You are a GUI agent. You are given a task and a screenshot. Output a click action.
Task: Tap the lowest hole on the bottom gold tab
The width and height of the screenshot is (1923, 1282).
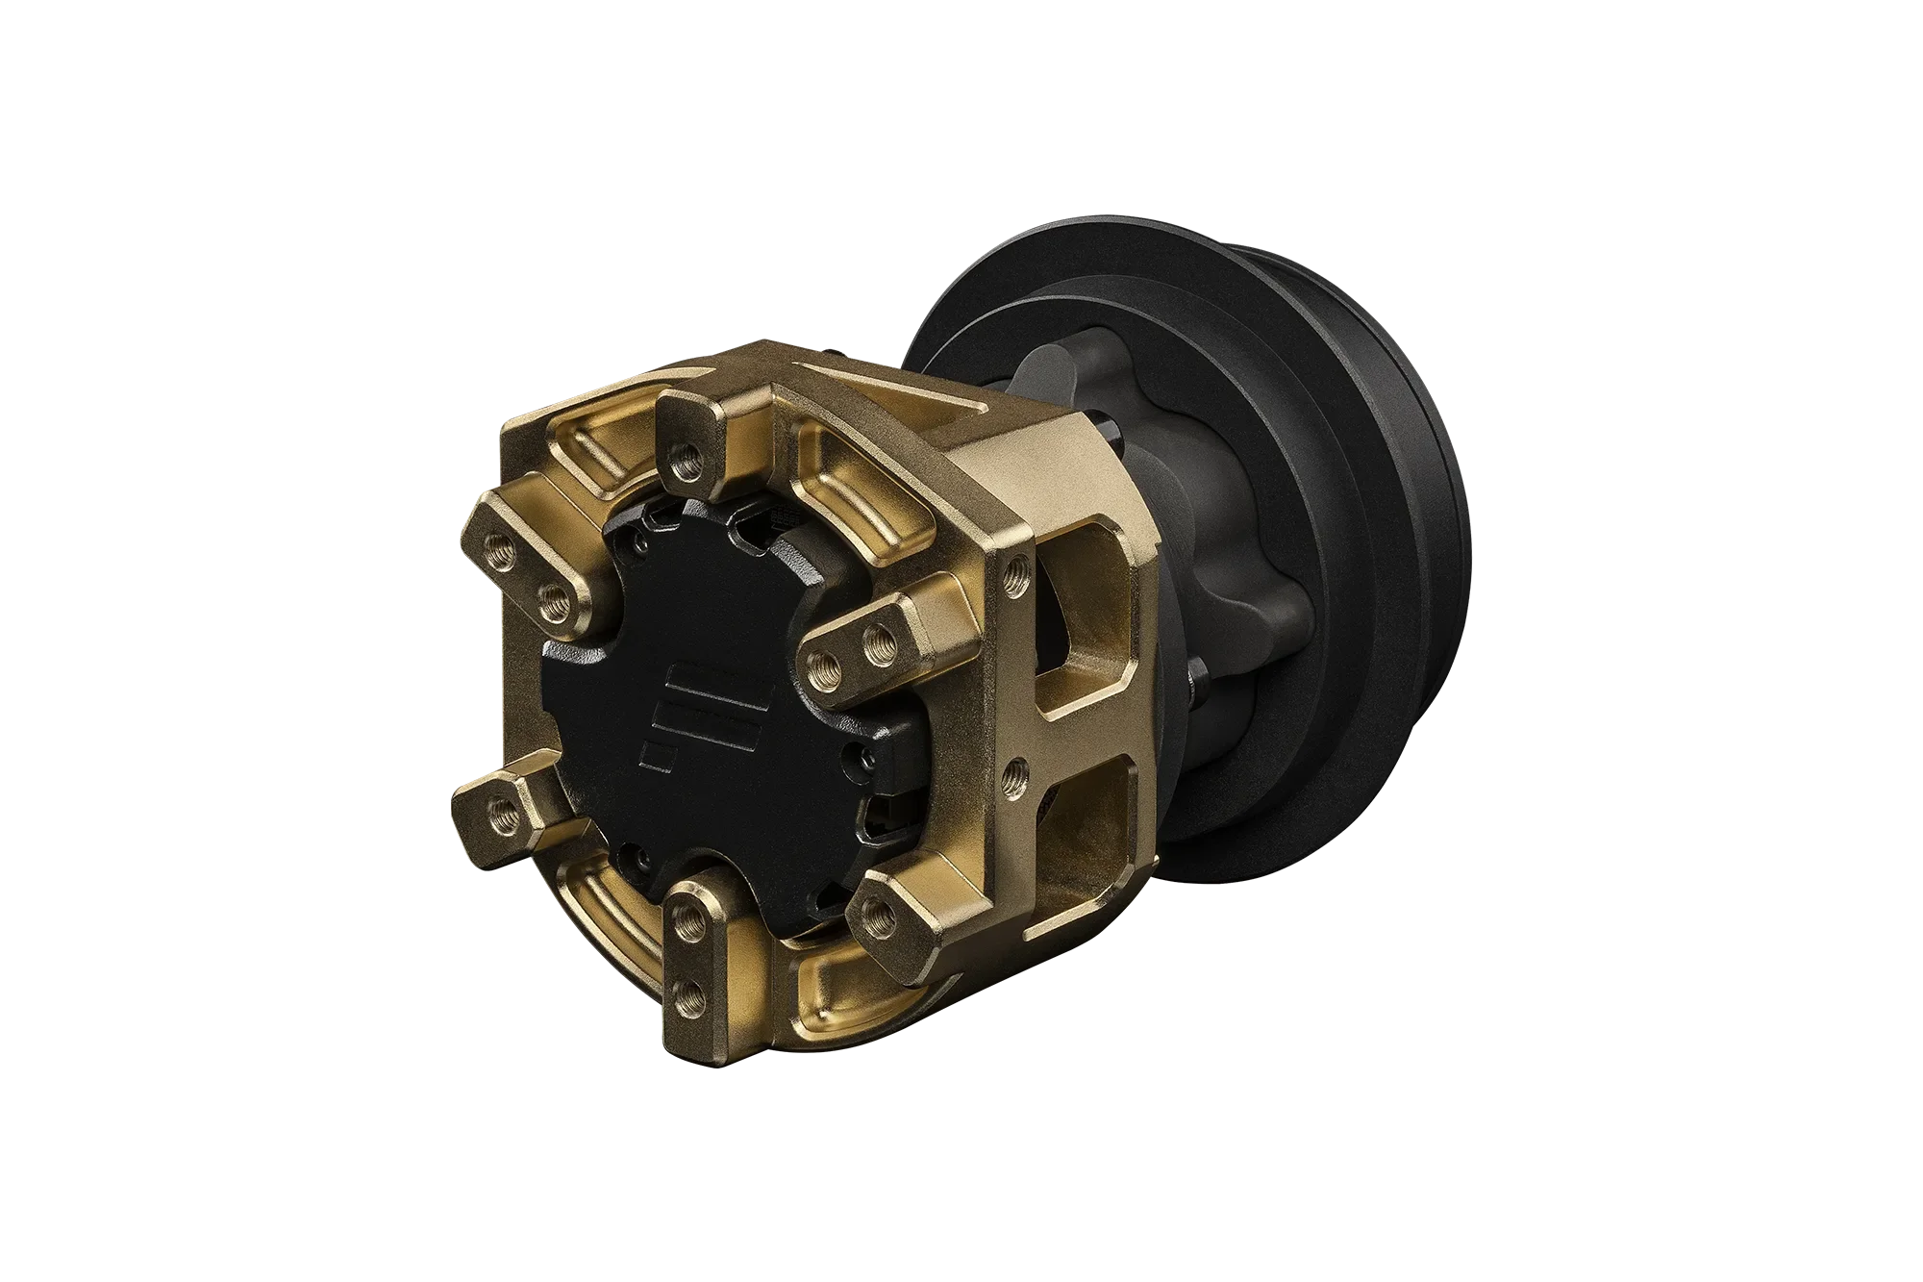tap(685, 1010)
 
